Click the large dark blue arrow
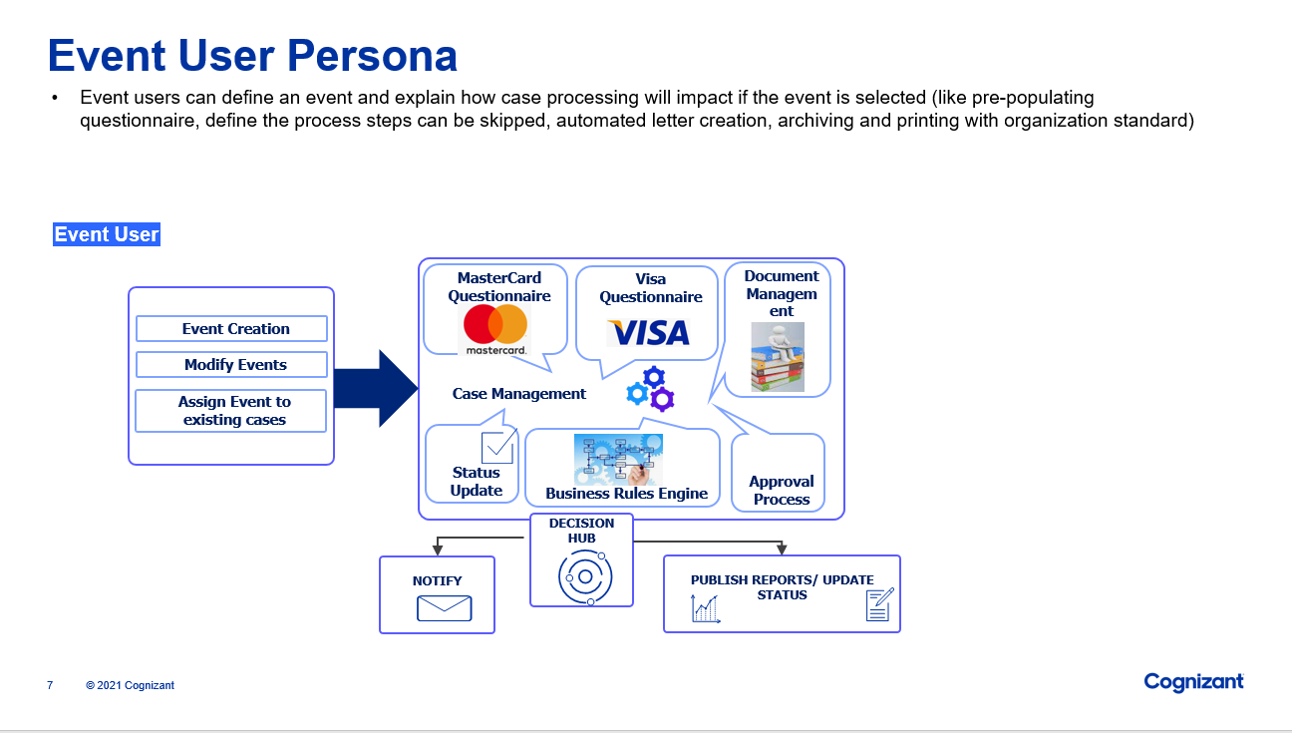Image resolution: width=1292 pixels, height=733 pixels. [375, 388]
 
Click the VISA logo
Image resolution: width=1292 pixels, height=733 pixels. [648, 332]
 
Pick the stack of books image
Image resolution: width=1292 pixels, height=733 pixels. [778, 356]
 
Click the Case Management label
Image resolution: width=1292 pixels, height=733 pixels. [519, 394]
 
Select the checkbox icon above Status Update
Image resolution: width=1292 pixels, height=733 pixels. [496, 448]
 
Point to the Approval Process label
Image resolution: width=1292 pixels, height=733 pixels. [782, 491]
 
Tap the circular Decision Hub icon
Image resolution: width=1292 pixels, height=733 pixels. [585, 576]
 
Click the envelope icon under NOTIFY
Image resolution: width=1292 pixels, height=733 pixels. [444, 608]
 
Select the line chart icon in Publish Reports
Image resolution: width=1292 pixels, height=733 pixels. [706, 608]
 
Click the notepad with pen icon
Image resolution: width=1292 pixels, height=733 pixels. [879, 604]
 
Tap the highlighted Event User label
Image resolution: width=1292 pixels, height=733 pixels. [107, 235]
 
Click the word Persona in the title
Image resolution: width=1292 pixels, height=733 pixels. [372, 56]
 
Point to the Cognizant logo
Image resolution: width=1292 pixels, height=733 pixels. [1193, 682]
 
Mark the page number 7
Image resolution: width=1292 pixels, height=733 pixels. [50, 685]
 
